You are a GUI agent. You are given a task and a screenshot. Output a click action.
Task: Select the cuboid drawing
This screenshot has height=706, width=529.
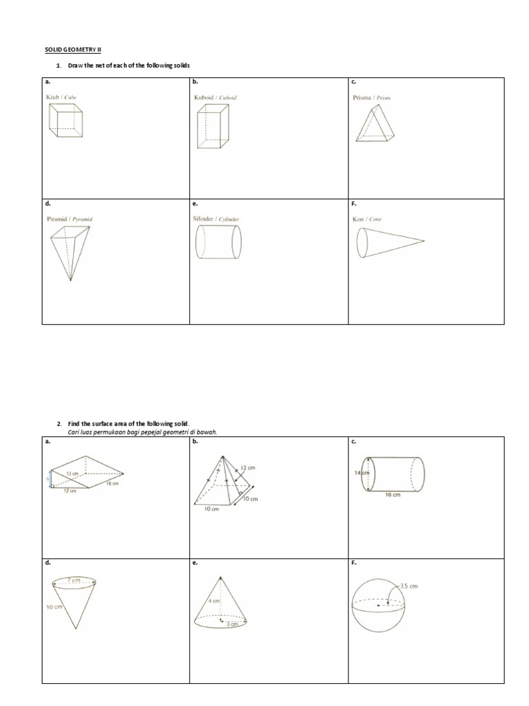coord(212,129)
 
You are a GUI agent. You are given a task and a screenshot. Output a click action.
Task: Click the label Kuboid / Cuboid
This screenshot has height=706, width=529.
coord(215,98)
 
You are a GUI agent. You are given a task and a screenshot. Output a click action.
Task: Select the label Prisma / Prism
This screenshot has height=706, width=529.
coord(371,98)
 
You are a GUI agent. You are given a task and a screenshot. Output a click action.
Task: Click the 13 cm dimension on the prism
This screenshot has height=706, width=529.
coord(72,474)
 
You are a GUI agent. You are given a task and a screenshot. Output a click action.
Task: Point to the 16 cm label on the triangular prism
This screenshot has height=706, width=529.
coord(112,484)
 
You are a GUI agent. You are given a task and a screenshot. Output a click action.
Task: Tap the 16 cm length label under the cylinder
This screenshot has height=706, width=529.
coord(392,495)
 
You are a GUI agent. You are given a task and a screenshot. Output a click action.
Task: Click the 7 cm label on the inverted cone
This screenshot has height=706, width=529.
coord(73,581)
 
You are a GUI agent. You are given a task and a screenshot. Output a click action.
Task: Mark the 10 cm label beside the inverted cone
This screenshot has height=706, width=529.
coord(54,607)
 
